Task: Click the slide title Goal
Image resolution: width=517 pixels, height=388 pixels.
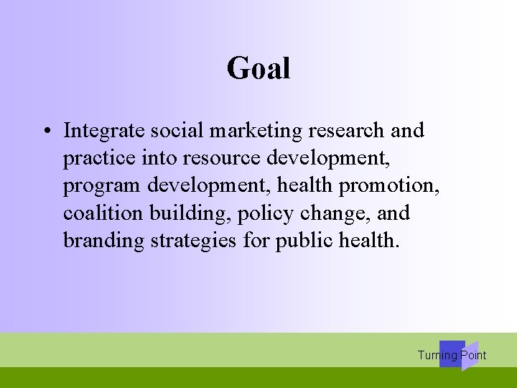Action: pyautogui.click(x=258, y=69)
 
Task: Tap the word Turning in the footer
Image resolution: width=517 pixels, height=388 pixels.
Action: pyautogui.click(x=437, y=355)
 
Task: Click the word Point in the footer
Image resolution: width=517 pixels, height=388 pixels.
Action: pyautogui.click(x=473, y=355)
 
